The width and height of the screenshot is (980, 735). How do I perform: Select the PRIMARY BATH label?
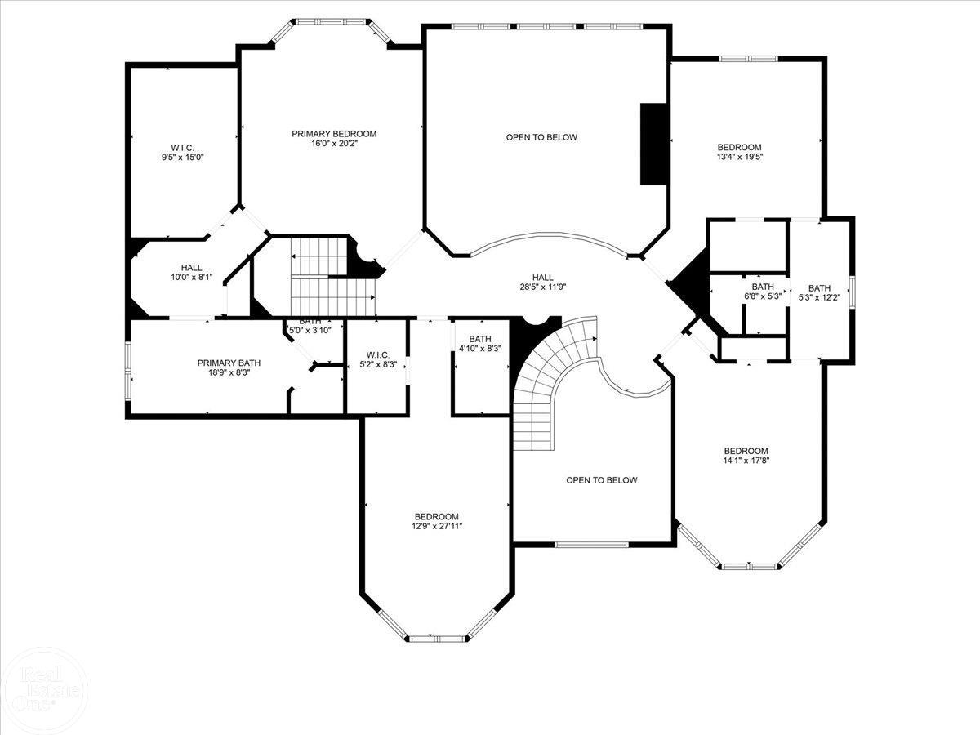[x=228, y=363]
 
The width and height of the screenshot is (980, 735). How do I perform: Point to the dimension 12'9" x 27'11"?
[x=436, y=527]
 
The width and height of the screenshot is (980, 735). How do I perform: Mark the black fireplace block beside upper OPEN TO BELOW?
[x=654, y=144]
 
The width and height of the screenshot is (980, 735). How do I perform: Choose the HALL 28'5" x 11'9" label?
[x=542, y=283]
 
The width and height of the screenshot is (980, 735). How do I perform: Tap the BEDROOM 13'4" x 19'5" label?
[x=739, y=152]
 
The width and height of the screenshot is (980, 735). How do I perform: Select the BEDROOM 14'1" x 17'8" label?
[x=746, y=456]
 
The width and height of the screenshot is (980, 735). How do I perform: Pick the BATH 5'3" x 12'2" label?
[x=819, y=292]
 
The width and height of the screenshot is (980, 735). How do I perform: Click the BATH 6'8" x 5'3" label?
[x=763, y=292]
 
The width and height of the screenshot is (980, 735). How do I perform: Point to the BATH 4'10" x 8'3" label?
[x=479, y=344]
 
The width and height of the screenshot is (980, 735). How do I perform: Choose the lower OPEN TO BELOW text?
[x=602, y=480]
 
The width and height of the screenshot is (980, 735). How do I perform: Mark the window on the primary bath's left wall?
[x=127, y=372]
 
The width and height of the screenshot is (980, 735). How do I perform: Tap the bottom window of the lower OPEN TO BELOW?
[x=591, y=544]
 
